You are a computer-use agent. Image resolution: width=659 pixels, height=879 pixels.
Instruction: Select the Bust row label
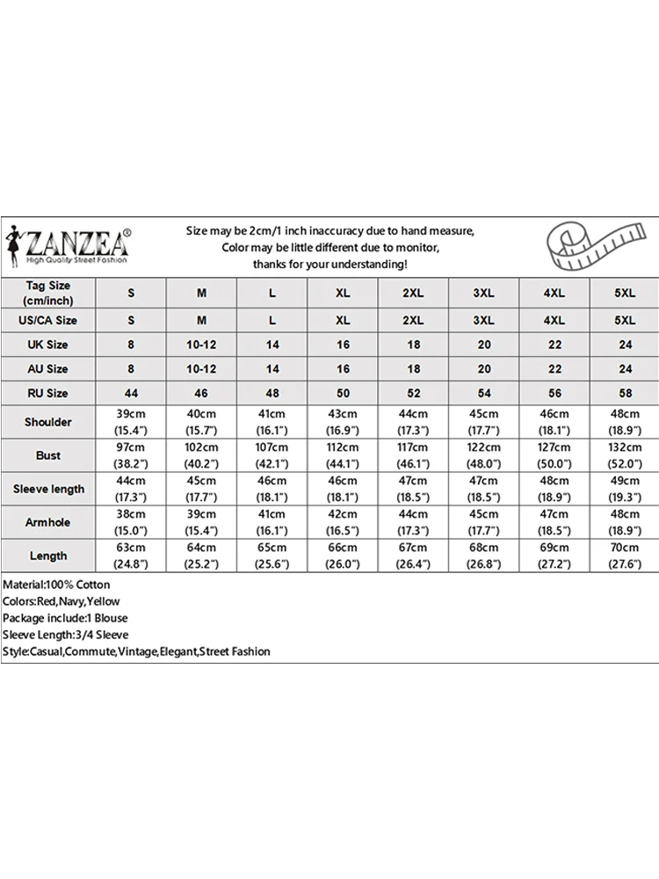click(48, 455)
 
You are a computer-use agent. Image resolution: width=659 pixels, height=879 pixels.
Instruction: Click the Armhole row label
click(48, 522)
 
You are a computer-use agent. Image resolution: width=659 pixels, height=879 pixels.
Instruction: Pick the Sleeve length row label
click(48, 489)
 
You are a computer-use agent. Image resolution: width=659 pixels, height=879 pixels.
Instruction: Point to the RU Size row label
click(48, 393)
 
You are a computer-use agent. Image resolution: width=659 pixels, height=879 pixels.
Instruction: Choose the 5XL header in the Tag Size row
click(625, 292)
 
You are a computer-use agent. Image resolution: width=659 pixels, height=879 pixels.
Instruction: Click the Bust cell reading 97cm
click(131, 455)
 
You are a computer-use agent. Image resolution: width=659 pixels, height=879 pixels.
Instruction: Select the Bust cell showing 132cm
click(625, 455)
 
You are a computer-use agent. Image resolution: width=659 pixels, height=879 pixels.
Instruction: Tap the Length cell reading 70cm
click(625, 556)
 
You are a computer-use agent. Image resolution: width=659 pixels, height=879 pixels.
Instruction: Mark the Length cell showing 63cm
click(131, 556)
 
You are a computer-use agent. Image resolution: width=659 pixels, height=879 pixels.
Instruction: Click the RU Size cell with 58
click(625, 393)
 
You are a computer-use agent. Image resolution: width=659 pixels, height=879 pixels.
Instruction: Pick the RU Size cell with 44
click(131, 393)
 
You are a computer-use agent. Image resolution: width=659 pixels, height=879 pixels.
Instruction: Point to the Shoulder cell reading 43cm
click(343, 422)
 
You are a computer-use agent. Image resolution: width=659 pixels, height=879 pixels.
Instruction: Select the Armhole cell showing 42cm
click(343, 522)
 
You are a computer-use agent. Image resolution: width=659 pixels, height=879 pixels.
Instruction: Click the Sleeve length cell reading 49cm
click(625, 489)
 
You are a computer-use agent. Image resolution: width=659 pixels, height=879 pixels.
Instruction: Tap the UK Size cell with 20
click(484, 345)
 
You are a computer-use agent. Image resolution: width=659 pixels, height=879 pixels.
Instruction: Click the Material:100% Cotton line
click(57, 585)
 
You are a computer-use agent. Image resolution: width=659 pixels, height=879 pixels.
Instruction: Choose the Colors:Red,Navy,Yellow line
click(62, 601)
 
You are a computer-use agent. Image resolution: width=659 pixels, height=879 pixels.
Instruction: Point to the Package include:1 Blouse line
click(65, 618)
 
